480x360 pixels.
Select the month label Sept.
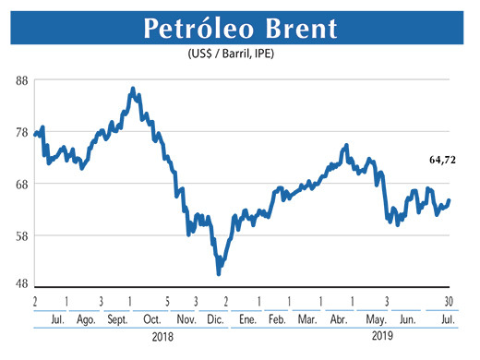(x=118, y=319)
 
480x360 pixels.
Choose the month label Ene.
(x=247, y=319)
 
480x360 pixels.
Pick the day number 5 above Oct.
(x=167, y=301)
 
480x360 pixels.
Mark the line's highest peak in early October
(x=133, y=89)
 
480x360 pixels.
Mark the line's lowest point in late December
(x=219, y=273)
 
